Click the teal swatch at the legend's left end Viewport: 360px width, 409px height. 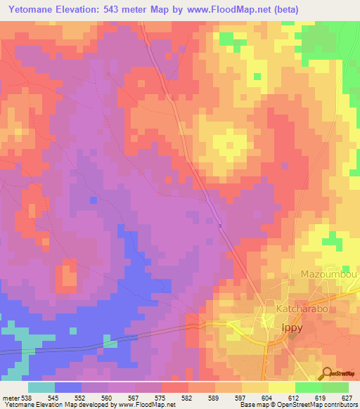coord(41,387)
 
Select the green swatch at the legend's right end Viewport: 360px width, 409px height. coord(335,387)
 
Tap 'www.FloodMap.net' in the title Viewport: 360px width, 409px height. coord(224,10)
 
